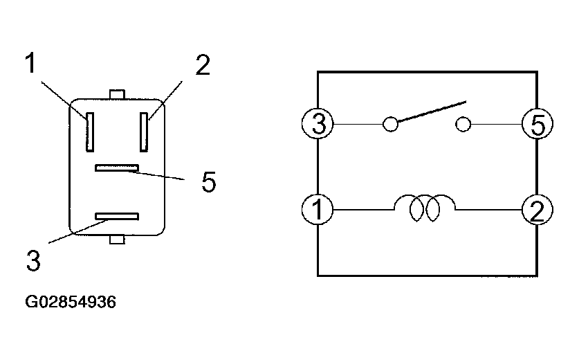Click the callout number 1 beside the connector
coord(29,63)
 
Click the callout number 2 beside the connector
coord(201,64)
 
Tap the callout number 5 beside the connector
coord(208,182)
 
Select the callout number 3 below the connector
coord(33,261)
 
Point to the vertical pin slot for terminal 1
coord(89,131)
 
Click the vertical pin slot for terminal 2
coord(144,131)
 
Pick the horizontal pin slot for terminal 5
coord(118,168)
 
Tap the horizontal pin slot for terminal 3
coord(118,217)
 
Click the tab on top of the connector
coord(117,93)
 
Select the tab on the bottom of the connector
coord(117,240)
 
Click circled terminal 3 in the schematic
coord(318,125)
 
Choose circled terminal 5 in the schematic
coord(536,125)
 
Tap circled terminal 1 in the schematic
coord(318,209)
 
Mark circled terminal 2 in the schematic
coord(536,209)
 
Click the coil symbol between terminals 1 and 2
coord(425,208)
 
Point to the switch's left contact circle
coord(390,125)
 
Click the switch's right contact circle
coord(463,125)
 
